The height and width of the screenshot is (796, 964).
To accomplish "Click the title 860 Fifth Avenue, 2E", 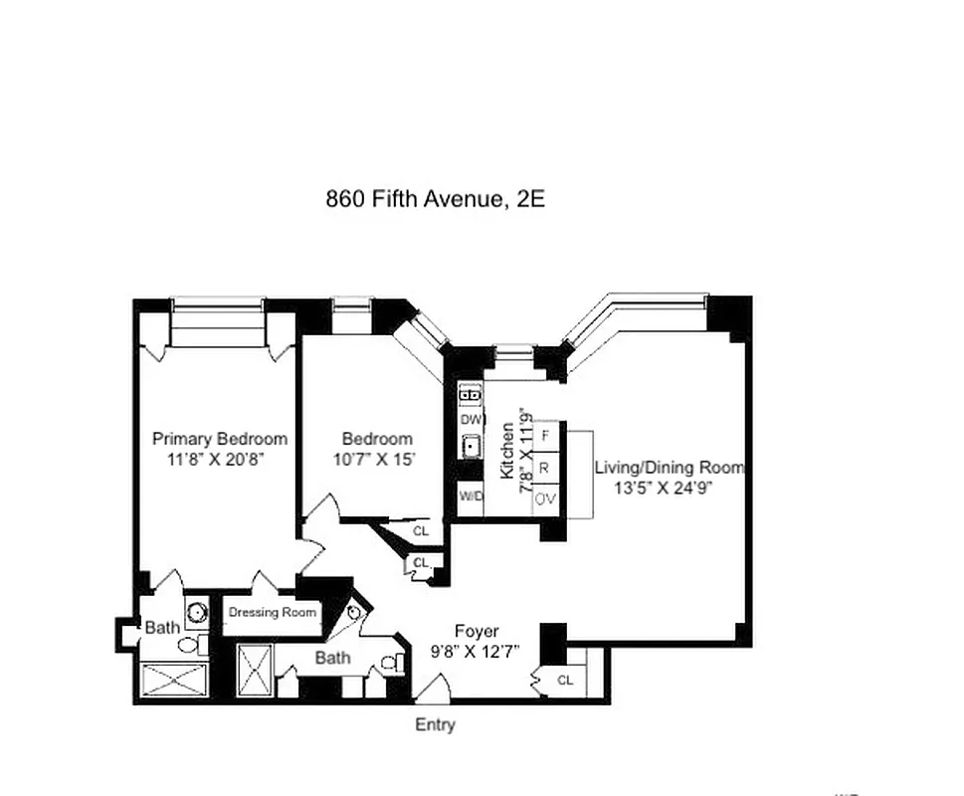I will [435, 198].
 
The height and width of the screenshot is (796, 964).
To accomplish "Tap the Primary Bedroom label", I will [219, 439].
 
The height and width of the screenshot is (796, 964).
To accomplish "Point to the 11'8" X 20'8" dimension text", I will [217, 460].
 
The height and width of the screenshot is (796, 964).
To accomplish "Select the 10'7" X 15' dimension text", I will [374, 460].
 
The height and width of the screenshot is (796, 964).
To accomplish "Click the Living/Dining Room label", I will [669, 467].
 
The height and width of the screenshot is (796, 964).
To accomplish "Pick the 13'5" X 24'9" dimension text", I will [664, 488].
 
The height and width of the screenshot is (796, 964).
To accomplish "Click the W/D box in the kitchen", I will [470, 496].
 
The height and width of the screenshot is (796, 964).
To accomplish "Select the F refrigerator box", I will [545, 435].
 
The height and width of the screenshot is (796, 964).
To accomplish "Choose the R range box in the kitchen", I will [545, 467].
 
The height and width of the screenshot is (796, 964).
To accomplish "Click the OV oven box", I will [545, 498].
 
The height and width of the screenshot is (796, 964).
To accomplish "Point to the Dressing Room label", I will [273, 612].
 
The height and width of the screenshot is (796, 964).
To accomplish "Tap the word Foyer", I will [477, 631].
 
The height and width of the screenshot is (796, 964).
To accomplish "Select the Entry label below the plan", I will [435, 724].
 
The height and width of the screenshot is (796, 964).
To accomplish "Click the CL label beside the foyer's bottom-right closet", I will [565, 681].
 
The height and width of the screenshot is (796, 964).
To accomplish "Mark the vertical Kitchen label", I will [507, 450].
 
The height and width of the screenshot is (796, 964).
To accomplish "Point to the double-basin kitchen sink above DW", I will [470, 395].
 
